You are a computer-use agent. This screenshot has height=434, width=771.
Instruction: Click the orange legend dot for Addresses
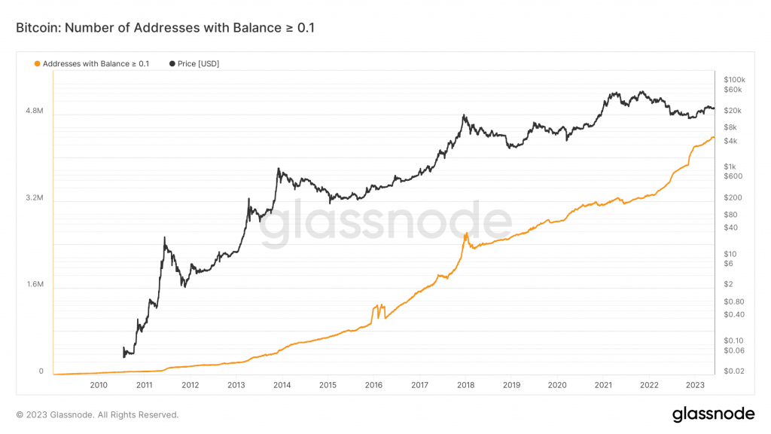tap(38, 64)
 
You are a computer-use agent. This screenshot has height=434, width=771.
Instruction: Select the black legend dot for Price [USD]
tap(172, 64)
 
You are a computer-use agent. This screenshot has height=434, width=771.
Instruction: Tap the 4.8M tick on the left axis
tap(35, 112)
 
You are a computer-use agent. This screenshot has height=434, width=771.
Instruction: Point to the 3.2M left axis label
tap(35, 199)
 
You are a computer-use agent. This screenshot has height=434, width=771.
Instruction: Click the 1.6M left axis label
tap(35, 286)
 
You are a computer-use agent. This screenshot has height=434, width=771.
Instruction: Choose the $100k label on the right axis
tap(733, 80)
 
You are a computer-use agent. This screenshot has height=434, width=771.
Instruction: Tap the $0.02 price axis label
tap(733, 371)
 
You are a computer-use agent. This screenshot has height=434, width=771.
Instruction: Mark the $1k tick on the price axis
tap(730, 167)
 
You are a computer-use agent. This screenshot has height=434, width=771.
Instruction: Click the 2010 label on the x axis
tap(99, 385)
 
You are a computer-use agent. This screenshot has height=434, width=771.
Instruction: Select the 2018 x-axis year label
tap(465, 385)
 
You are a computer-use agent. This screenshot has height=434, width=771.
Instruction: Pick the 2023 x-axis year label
tap(694, 385)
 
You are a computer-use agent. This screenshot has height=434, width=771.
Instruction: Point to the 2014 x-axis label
tap(282, 385)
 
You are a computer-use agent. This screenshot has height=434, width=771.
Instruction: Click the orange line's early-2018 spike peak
tap(466, 234)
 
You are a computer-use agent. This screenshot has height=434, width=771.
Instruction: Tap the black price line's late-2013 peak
tap(279, 169)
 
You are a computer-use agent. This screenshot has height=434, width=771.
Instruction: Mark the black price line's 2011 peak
tap(164, 238)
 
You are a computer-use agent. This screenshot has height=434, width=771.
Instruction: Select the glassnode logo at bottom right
tap(712, 414)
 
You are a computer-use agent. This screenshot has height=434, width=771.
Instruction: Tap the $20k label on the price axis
tap(732, 111)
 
